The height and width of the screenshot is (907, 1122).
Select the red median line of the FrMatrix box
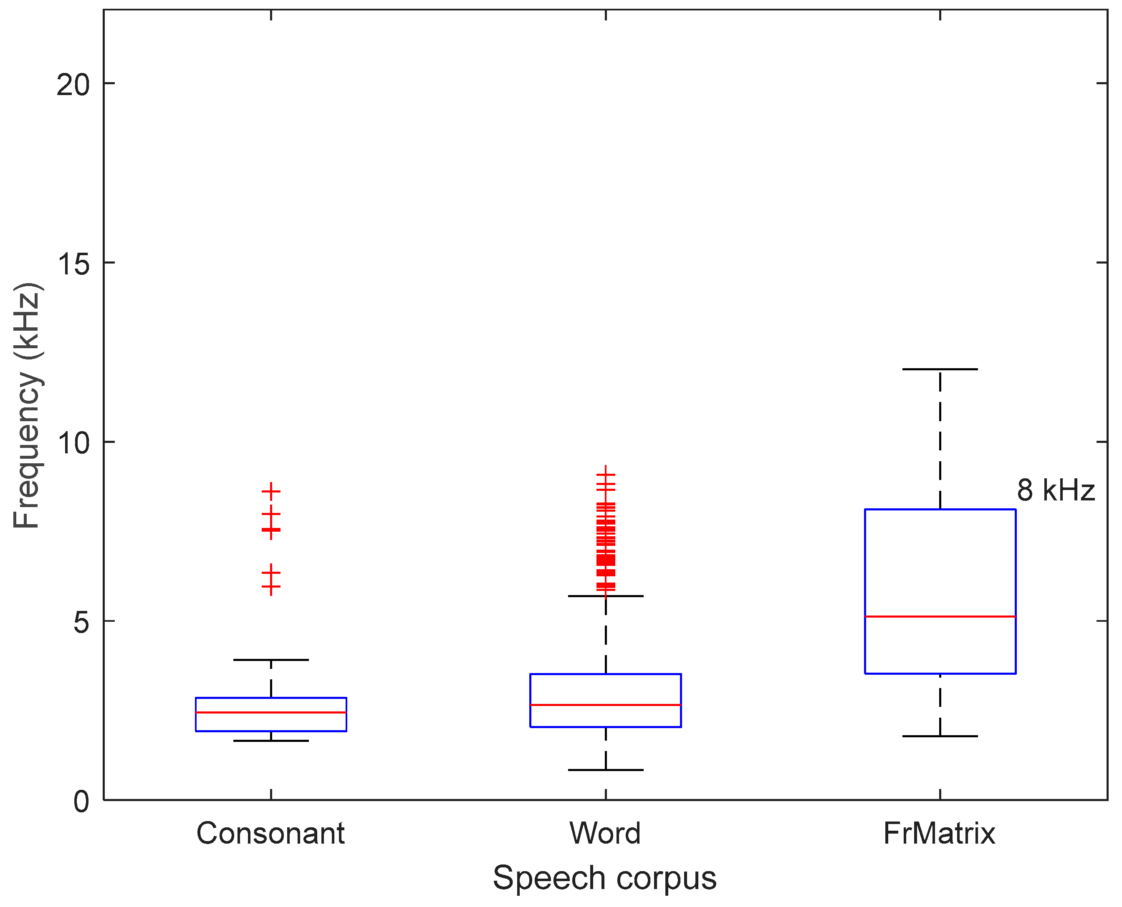pyautogui.click(x=940, y=616)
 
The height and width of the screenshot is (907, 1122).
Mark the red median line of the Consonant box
pyautogui.click(x=271, y=712)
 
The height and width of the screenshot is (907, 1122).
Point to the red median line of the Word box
pyautogui.click(x=605, y=705)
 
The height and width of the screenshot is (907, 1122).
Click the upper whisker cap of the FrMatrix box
pyautogui.click(x=940, y=369)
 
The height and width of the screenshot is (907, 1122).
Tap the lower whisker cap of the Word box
pyautogui.click(x=605, y=769)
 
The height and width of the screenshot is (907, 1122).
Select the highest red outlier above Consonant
pyautogui.click(x=271, y=491)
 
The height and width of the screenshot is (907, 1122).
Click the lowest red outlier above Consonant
pyautogui.click(x=271, y=586)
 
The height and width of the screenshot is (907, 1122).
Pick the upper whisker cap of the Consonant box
pyautogui.click(x=271, y=660)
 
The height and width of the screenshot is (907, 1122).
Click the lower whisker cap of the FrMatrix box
pyautogui.click(x=940, y=736)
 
